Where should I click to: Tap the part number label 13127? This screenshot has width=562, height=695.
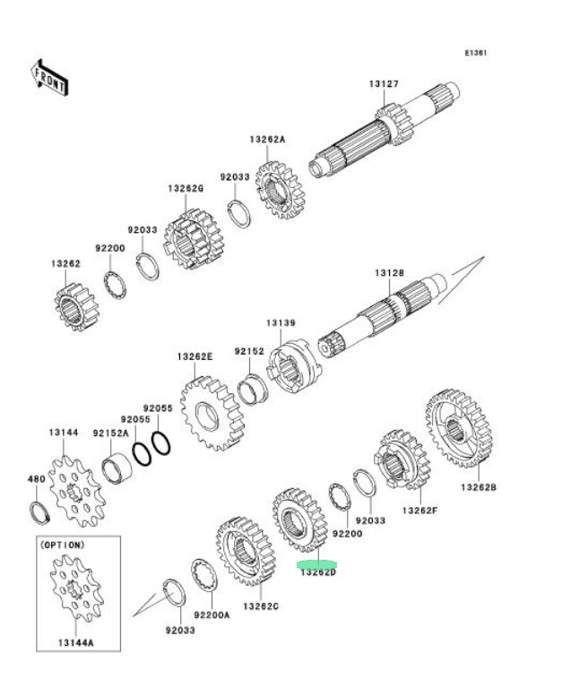pyautogui.click(x=383, y=85)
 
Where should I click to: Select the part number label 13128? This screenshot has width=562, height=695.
pyautogui.click(x=389, y=271)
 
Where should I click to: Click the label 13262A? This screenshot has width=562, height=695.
pyautogui.click(x=267, y=140)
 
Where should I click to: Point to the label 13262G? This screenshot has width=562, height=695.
pyautogui.click(x=186, y=189)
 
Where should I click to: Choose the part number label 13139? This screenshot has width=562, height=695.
pyautogui.click(x=280, y=322)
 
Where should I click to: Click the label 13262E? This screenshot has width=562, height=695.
pyautogui.click(x=195, y=356)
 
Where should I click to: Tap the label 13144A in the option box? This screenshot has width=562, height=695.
pyautogui.click(x=79, y=642)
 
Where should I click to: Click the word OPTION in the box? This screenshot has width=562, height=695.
pyautogui.click(x=63, y=545)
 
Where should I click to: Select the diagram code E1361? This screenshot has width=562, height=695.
pyautogui.click(x=476, y=53)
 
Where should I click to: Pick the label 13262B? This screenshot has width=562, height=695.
pyautogui.click(x=480, y=487)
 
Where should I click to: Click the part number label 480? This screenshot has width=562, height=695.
pyautogui.click(x=36, y=479)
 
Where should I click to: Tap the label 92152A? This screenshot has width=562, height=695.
pyautogui.click(x=111, y=433)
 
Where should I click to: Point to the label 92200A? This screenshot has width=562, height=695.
pyautogui.click(x=213, y=616)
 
